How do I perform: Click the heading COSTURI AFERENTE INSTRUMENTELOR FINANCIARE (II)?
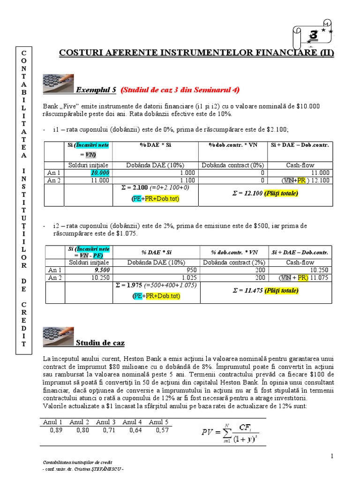pyautogui.click(x=196, y=52)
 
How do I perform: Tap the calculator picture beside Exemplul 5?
pyautogui.click(x=58, y=83)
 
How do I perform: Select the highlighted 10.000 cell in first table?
pyautogui.click(x=100, y=172)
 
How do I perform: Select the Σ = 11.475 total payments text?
pyautogui.click(x=265, y=291)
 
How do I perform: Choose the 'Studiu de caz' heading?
pyautogui.click(x=100, y=343)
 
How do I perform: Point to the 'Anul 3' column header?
pyautogui.click(x=106, y=422)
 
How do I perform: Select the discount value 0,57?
pyautogui.click(x=162, y=430)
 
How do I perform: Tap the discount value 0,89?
pyautogui.click(x=56, y=430)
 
